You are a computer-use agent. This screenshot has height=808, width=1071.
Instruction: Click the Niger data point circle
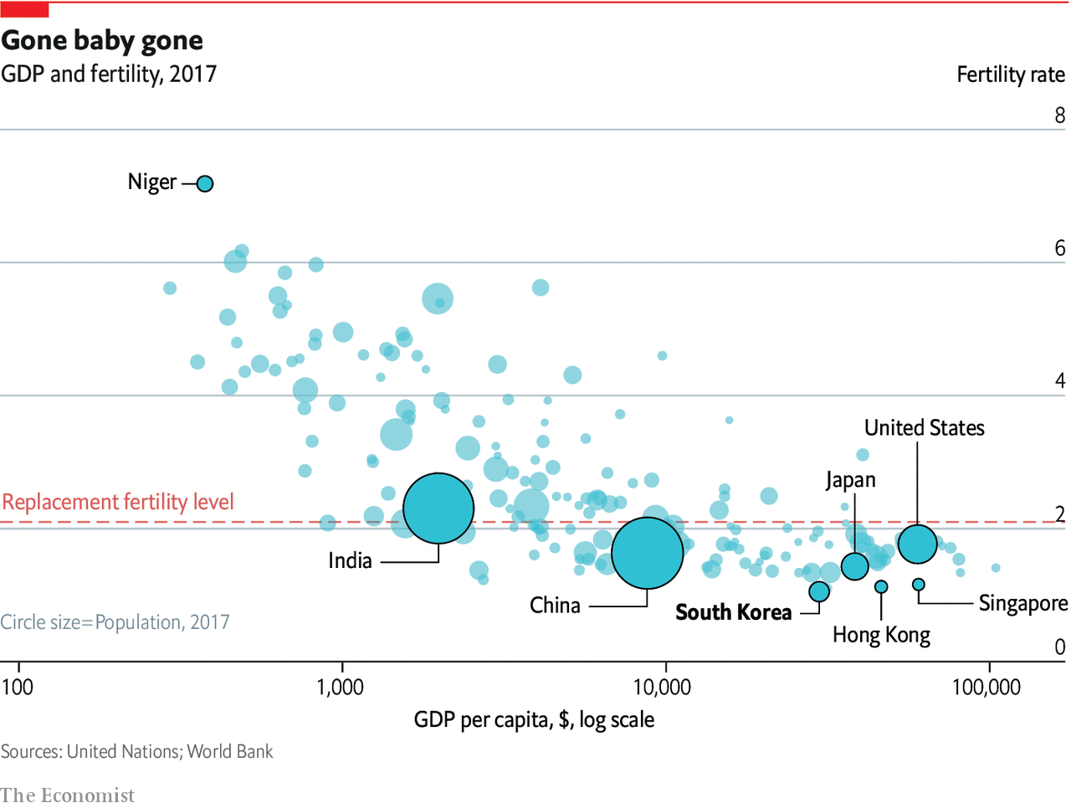click(205, 183)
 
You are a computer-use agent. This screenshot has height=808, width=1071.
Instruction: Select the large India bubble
click(438, 508)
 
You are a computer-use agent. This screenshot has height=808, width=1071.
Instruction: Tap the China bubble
click(647, 553)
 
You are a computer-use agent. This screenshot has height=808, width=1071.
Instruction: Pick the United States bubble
click(917, 545)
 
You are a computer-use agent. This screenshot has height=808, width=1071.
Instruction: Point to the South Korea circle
click(819, 591)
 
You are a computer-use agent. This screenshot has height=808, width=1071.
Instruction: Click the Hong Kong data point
click(881, 586)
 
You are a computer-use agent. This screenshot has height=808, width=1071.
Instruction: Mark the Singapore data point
click(918, 585)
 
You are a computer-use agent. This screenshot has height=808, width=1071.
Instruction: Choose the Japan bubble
click(854, 566)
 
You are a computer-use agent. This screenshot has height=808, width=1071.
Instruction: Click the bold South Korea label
click(733, 612)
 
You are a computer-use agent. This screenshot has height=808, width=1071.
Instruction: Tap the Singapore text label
click(1022, 603)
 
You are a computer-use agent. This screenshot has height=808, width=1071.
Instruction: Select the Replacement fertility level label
click(118, 502)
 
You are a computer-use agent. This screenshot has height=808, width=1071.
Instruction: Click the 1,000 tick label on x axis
click(341, 688)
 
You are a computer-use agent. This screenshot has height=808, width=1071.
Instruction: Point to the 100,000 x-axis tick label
click(986, 688)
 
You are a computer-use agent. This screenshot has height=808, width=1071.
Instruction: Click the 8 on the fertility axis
click(1059, 115)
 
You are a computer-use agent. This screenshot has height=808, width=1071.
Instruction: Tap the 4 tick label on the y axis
click(1059, 381)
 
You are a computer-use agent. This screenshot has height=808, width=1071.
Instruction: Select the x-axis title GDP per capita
click(534, 719)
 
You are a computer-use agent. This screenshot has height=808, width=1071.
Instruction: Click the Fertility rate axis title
click(1010, 74)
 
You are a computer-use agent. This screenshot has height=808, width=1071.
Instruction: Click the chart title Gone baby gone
click(102, 40)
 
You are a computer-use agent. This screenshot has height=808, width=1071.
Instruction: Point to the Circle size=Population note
click(115, 622)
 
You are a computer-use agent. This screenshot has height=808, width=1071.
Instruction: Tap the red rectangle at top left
click(25, 10)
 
